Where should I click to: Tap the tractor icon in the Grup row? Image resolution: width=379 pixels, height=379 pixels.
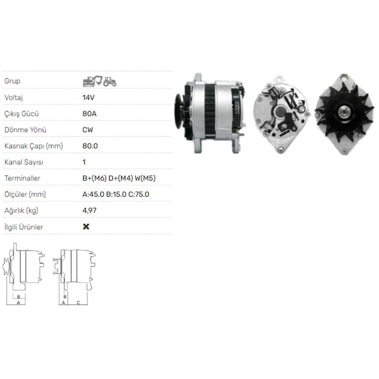pos(110,81)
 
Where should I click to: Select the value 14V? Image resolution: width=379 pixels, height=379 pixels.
pos(88,97)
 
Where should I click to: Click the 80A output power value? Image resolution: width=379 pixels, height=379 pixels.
pos(89,114)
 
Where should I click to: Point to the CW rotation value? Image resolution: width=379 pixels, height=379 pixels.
pos(88,130)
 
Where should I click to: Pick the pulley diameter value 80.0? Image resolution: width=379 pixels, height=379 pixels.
pos(90,146)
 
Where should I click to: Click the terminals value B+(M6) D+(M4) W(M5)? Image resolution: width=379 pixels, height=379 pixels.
pos(119,178)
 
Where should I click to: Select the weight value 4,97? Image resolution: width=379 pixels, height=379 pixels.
pos(89,211)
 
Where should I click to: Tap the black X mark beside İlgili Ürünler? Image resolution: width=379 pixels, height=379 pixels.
pos(86,227)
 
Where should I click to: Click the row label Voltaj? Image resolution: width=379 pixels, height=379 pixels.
pos(14,97)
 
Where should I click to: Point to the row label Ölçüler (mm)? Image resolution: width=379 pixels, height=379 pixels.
pos(25,194)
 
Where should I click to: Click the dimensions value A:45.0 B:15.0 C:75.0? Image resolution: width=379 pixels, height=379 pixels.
pos(116,194)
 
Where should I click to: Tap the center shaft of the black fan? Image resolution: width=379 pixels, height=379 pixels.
pos(344,112)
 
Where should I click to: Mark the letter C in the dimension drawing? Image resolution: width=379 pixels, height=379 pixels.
pos(78,302)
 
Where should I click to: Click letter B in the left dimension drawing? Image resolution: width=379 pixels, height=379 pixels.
pos(18,296)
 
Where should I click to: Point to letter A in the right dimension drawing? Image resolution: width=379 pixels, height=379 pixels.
pos(64,302)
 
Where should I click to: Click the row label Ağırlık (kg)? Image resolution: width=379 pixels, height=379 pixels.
pos(21,211)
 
